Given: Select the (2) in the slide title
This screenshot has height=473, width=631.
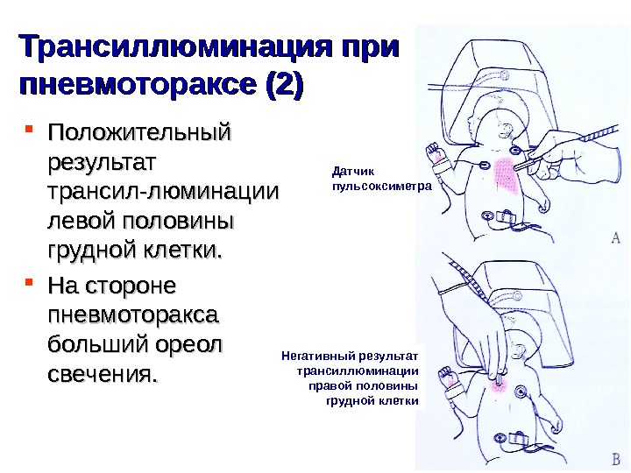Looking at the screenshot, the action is tap(280, 87).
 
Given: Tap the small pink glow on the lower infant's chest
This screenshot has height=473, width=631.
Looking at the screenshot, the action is tap(502, 383).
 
